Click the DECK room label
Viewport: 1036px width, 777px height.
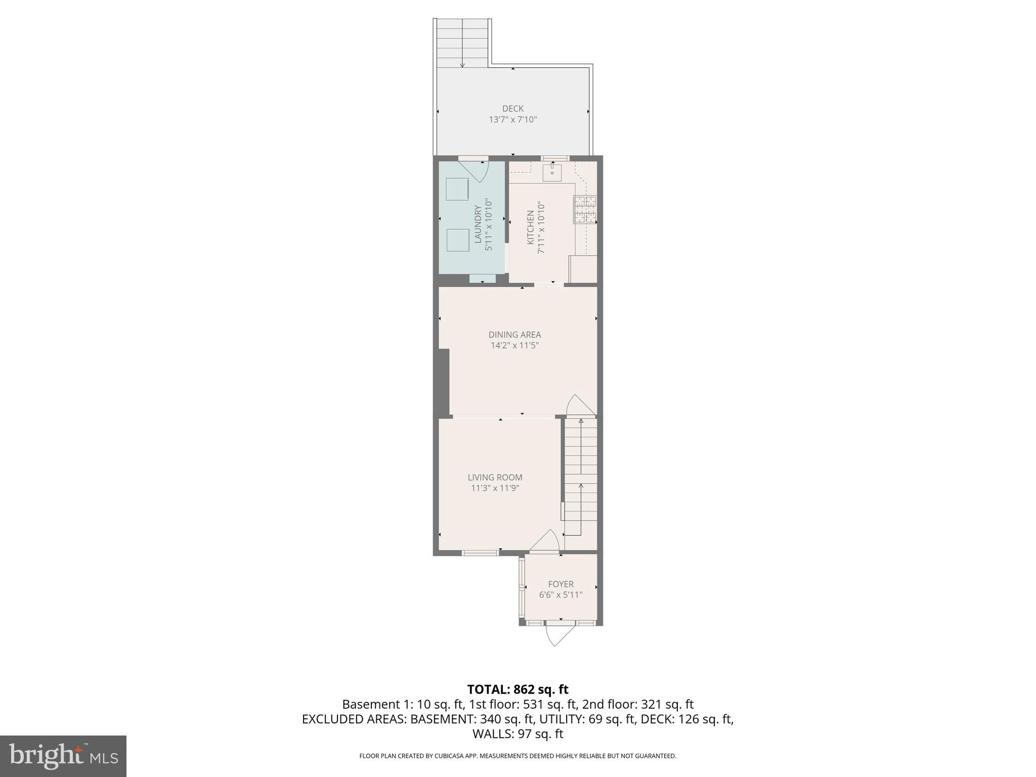click(x=512, y=108)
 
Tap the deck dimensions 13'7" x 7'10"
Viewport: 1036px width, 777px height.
click(x=512, y=120)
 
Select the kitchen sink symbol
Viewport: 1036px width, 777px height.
click(x=552, y=172)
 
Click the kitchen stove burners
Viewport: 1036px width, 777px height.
click(x=585, y=209)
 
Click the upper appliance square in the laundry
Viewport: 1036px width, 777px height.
click(x=457, y=189)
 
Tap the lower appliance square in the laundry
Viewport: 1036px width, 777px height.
click(x=458, y=240)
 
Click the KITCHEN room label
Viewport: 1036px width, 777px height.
click(x=530, y=227)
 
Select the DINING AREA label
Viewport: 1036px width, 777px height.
click(x=514, y=334)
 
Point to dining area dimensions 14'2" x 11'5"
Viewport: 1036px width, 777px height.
click(x=514, y=346)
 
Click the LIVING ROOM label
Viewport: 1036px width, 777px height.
click(x=495, y=477)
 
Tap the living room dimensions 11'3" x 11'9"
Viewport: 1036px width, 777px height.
click(x=495, y=488)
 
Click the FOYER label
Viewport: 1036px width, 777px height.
click(x=560, y=584)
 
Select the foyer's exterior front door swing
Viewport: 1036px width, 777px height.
click(x=559, y=636)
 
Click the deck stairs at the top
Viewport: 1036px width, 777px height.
click(x=462, y=43)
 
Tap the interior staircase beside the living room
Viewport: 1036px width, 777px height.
click(x=581, y=476)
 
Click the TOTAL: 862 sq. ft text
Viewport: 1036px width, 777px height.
click(x=517, y=689)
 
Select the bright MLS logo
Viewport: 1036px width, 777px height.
click(x=63, y=756)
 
